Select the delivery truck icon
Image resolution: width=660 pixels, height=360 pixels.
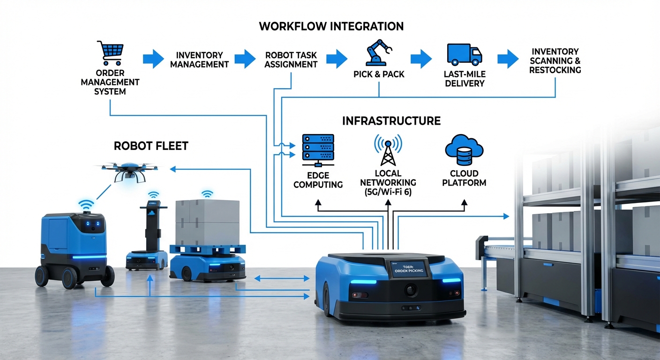[x=464, y=54]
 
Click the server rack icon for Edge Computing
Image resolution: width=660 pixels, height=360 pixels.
[x=318, y=150]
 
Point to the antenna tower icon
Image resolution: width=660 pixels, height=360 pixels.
[x=388, y=150]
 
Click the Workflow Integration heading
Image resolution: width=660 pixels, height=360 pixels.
[x=331, y=26]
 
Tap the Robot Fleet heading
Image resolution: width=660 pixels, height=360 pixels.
[x=151, y=146]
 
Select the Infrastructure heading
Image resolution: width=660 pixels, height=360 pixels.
[x=391, y=121]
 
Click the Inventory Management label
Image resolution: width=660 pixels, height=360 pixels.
[x=199, y=60]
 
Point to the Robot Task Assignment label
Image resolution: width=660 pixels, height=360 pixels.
[x=291, y=60]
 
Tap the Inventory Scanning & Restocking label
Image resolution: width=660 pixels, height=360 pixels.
[x=555, y=60]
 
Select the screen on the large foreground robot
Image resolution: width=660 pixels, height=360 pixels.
[x=408, y=269]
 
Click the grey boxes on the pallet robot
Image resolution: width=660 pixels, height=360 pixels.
[x=207, y=222]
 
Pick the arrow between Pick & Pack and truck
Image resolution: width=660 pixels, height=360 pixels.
[x=420, y=59]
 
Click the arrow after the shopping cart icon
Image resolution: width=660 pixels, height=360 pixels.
[x=153, y=59]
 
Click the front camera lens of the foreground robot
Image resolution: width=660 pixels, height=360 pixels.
[x=411, y=291]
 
